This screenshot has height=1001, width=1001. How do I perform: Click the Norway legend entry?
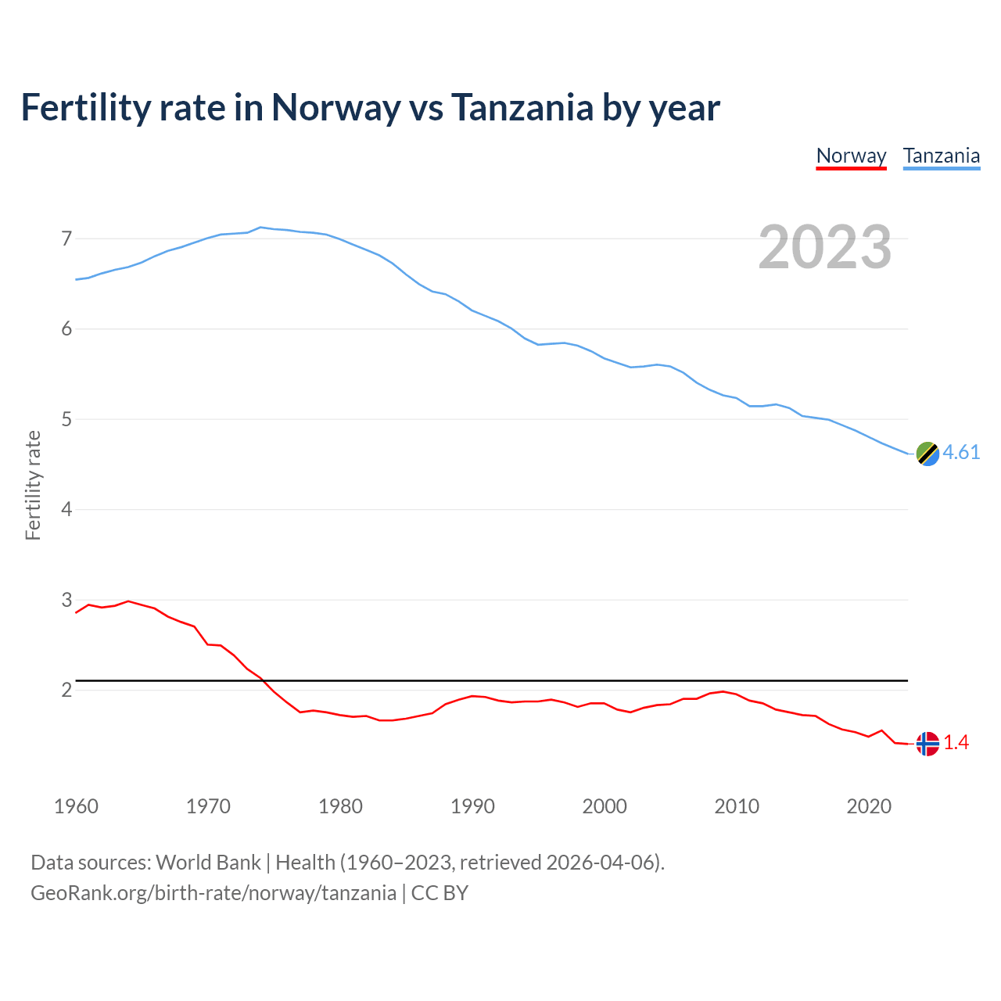click(x=851, y=156)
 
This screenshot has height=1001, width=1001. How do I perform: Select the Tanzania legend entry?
click(x=941, y=156)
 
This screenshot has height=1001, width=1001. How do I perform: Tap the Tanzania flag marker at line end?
click(x=927, y=454)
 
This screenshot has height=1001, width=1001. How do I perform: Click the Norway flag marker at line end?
click(x=927, y=743)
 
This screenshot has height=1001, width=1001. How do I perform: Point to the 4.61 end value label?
click(x=961, y=453)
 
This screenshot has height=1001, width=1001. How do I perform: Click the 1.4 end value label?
click(x=956, y=743)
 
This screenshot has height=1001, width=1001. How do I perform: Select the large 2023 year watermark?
click(x=824, y=247)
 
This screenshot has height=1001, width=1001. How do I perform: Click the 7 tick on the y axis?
click(x=66, y=239)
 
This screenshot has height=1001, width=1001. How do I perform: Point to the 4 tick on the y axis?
click(x=66, y=510)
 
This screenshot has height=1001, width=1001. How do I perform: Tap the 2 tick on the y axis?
click(x=66, y=691)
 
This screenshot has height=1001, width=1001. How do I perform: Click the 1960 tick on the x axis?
click(x=76, y=806)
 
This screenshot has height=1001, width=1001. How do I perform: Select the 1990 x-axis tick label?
click(x=472, y=806)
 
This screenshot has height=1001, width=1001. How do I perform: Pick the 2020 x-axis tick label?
click(x=869, y=806)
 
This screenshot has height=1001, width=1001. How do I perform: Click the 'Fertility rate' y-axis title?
click(x=33, y=485)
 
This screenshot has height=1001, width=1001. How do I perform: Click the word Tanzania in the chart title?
click(x=522, y=108)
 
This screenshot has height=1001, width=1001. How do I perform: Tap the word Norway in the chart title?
click(x=335, y=108)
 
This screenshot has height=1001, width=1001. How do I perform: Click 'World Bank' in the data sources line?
click(x=208, y=863)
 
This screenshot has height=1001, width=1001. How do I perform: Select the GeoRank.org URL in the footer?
click(x=213, y=893)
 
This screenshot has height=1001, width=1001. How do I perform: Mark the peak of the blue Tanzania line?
click(x=260, y=228)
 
